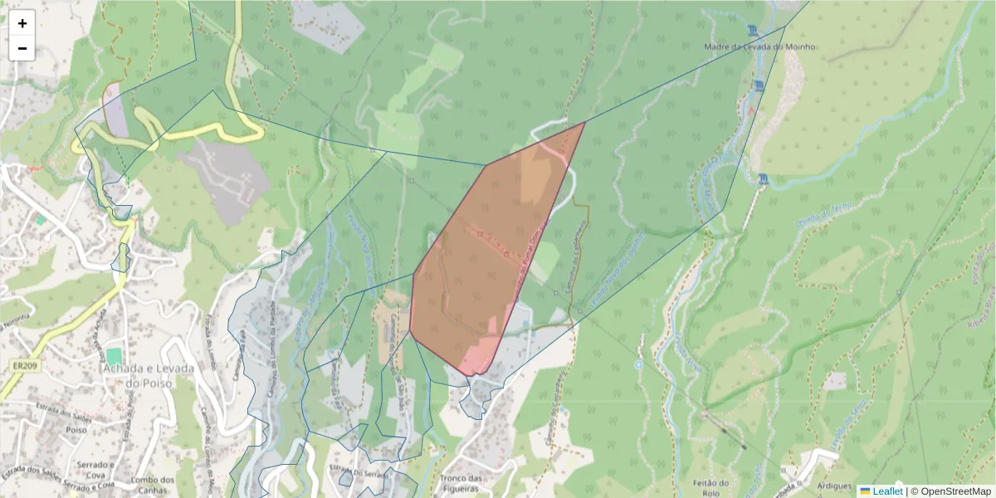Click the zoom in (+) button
click(22, 23)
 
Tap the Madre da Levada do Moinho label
click(759, 47)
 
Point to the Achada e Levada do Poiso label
click(148, 375)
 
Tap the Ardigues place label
click(834, 486)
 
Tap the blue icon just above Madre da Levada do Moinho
click(752, 32)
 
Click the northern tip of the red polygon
click(584, 122)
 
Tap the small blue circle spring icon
click(637, 364)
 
